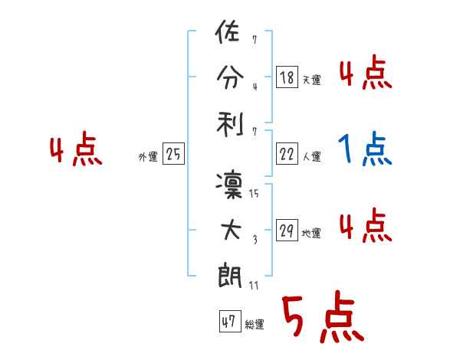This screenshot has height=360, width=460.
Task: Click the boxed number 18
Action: point(286,77)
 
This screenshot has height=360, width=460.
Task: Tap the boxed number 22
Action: point(286,154)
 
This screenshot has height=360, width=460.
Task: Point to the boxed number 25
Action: point(173,154)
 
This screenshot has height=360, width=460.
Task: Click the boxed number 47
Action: point(228,322)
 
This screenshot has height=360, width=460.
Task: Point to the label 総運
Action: point(255,325)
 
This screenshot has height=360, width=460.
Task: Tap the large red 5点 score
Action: point(322,319)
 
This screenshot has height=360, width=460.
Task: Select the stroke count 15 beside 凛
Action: point(254,195)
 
